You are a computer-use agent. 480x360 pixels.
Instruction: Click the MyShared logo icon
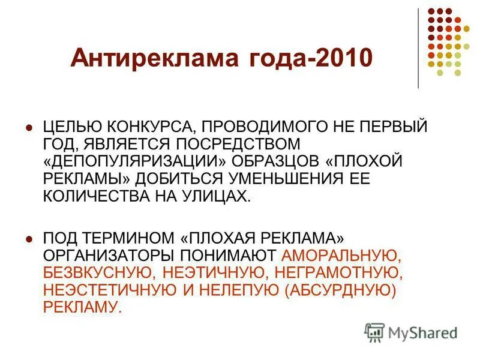(374, 332)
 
